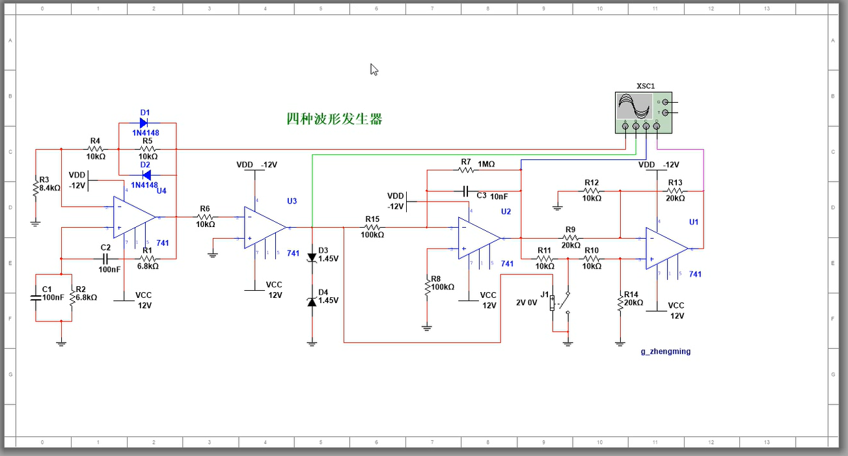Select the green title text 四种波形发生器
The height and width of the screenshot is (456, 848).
(x=334, y=118)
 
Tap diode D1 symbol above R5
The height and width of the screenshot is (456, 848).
(x=145, y=123)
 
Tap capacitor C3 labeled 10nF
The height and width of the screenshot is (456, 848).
(x=465, y=191)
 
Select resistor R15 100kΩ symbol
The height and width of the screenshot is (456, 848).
(x=372, y=228)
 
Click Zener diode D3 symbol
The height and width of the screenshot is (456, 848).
(x=312, y=257)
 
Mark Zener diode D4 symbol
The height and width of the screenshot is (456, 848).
(x=312, y=301)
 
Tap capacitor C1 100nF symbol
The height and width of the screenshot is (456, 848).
(x=36, y=297)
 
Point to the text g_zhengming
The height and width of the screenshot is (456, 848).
(x=665, y=351)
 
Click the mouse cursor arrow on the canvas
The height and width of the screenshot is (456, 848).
(x=374, y=69)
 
